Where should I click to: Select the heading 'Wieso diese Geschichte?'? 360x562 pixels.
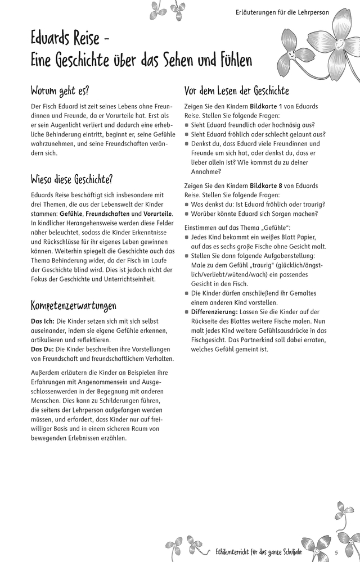[x=71, y=180]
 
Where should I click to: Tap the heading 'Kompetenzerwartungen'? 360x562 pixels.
[x=73, y=306]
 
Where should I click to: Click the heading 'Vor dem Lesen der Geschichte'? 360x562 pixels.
[x=236, y=90]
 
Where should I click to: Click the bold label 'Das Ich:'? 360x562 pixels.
[x=43, y=321]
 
